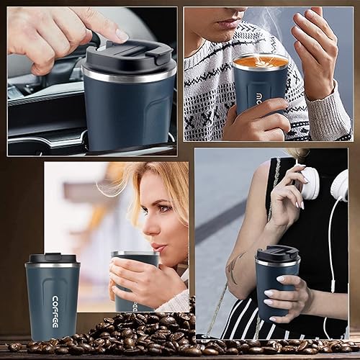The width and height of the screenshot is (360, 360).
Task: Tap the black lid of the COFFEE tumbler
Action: click(52, 258)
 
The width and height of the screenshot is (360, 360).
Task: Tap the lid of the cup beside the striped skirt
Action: click(277, 254)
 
